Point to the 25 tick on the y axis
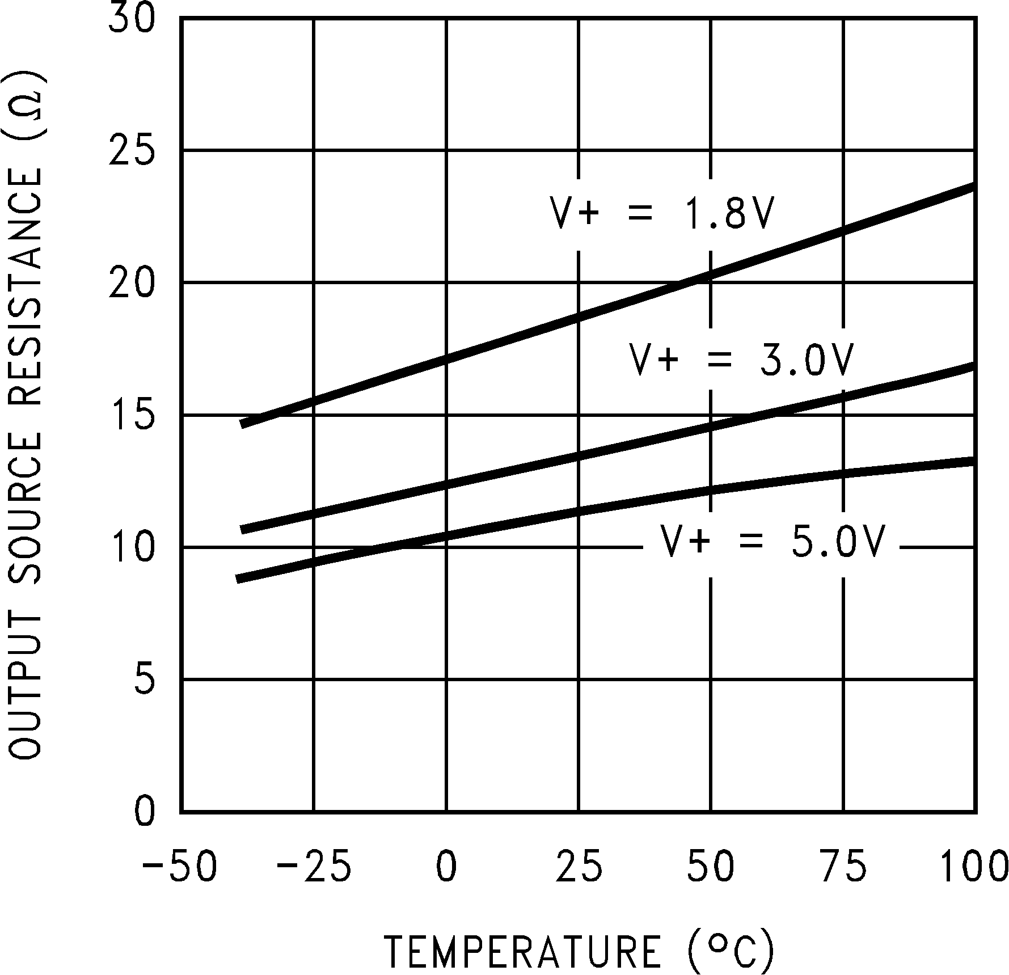(x=131, y=151)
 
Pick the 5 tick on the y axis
(x=144, y=680)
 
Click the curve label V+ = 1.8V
(x=662, y=214)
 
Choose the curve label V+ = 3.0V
(x=741, y=360)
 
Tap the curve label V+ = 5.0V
(x=772, y=541)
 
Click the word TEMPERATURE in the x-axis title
(x=522, y=951)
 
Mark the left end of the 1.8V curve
(x=242, y=424)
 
